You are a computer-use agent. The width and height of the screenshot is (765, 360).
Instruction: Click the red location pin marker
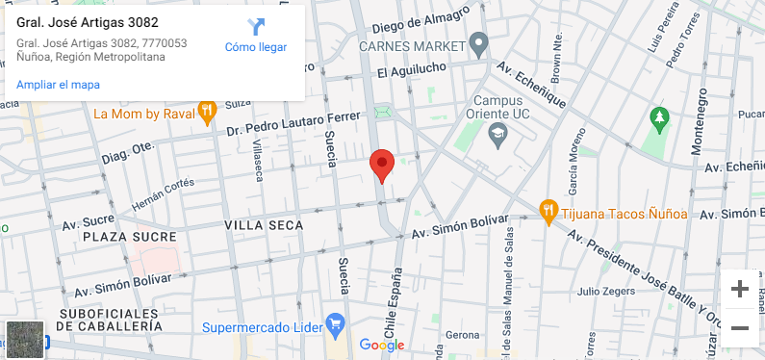pyautogui.click(x=382, y=166)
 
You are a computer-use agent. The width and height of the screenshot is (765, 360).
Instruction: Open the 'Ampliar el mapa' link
pyautogui.click(x=58, y=85)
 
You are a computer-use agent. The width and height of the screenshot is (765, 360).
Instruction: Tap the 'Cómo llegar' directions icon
pyautogui.click(x=256, y=27)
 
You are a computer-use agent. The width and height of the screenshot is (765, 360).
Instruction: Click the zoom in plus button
pyautogui.click(x=739, y=289)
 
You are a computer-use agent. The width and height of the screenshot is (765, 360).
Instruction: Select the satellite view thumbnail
pyautogui.click(x=25, y=339)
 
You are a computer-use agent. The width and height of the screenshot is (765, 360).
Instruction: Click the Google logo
pyautogui.click(x=382, y=345)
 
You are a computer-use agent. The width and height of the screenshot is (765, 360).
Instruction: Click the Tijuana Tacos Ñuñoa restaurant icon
pyautogui.click(x=548, y=210)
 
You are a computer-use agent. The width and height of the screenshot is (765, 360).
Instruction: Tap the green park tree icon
pyautogui.click(x=659, y=119)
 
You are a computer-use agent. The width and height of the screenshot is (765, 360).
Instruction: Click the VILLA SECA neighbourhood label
pyautogui.click(x=263, y=225)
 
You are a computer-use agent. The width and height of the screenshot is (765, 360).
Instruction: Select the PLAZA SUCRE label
pyautogui.click(x=129, y=237)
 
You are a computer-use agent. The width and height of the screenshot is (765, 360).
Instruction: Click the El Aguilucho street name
pyautogui.click(x=411, y=72)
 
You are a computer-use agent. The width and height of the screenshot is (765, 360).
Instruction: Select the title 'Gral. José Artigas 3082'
pyautogui.click(x=88, y=22)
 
